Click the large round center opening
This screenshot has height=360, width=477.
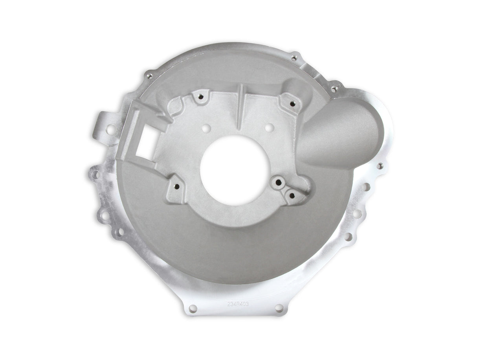coord(235,170)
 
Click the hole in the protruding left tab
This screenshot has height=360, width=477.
coord(111,129)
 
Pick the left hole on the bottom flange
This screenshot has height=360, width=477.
coord(193,308)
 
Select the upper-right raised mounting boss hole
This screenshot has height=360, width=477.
coord(292,103)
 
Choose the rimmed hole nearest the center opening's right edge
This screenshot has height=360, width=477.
coord(278,182)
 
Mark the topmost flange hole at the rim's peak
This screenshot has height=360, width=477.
coord(294,58)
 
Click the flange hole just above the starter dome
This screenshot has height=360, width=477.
coord(334,89)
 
